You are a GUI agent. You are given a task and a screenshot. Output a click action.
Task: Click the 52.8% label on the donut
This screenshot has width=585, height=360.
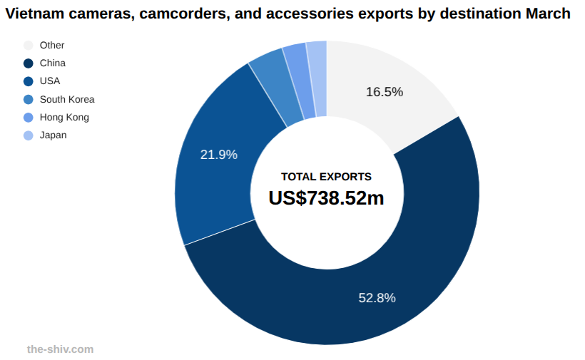377,298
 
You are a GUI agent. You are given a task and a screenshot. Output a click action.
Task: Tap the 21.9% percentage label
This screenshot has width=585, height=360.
218,155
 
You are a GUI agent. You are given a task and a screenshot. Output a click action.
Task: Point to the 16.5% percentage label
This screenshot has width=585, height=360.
385,92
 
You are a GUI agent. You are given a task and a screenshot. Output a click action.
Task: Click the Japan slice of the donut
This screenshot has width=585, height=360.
317,78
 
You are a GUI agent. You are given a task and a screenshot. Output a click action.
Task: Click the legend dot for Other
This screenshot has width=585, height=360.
29,45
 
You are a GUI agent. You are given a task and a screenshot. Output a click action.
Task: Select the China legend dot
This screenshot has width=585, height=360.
29,63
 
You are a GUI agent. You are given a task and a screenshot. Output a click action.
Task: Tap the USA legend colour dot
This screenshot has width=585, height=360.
29,81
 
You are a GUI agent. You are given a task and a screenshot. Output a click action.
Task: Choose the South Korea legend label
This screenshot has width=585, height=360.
67,100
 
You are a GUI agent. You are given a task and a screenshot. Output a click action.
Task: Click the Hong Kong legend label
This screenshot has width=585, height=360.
64,118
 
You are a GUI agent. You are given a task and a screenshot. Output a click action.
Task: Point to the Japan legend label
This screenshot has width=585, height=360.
54,135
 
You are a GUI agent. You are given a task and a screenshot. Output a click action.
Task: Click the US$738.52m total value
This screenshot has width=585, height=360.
326,198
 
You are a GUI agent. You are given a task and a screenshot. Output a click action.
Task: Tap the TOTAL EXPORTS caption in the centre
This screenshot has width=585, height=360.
326,177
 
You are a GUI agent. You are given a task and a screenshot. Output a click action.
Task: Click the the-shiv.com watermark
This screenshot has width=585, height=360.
60,349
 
